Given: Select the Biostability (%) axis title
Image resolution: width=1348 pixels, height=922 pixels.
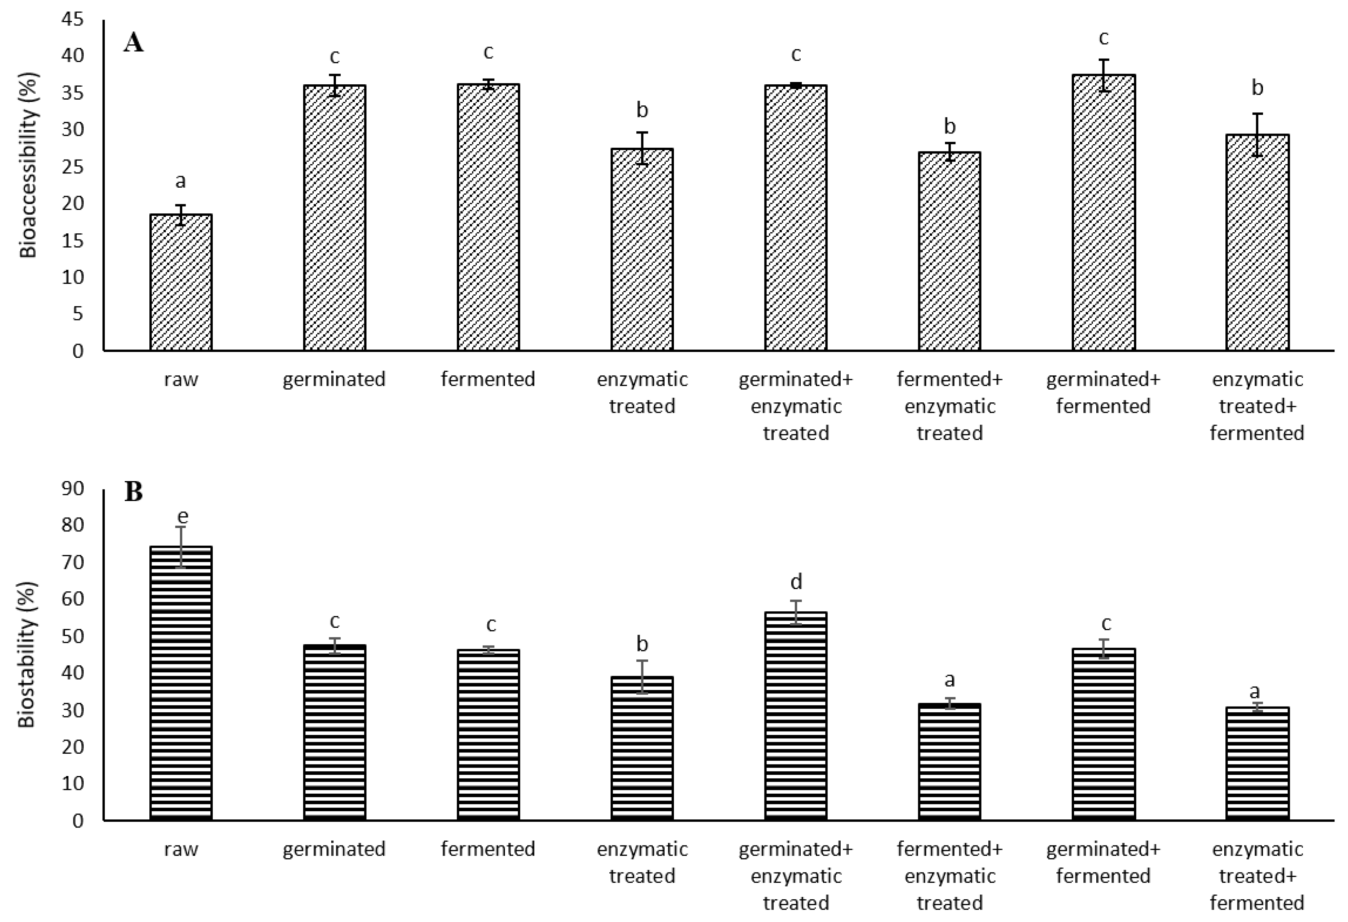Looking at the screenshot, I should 27,654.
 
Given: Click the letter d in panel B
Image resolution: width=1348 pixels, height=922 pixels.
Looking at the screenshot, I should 796,581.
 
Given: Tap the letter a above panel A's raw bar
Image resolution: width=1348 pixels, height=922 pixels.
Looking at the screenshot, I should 181,181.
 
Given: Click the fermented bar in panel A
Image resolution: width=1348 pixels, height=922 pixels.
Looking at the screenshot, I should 488,217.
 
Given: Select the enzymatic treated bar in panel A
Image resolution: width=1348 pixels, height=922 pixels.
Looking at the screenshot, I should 642,250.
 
